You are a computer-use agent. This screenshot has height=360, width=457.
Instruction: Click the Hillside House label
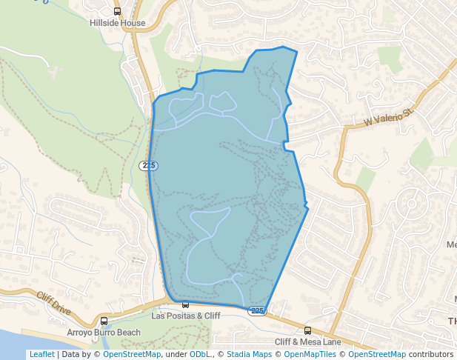point(117,23)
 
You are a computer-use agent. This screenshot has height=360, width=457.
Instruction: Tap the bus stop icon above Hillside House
point(117,11)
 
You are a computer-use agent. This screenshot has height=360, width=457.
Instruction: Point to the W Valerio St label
point(388,118)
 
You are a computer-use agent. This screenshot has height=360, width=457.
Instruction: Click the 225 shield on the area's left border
point(149,165)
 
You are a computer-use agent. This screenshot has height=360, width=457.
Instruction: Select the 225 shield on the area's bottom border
point(256,311)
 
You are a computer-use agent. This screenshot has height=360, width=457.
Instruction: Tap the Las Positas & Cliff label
point(186,316)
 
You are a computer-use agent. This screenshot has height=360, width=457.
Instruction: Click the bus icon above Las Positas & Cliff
point(185,304)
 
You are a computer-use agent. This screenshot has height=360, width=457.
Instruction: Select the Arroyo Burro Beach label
point(104,333)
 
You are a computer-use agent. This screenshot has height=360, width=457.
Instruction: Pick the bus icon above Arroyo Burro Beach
point(104,321)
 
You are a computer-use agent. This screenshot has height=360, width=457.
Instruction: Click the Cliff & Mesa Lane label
point(308,341)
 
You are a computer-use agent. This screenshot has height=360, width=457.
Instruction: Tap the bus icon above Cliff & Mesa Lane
point(308,330)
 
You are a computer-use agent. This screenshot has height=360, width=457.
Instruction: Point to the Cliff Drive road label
point(53,303)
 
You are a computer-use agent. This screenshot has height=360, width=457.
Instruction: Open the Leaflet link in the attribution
point(41,354)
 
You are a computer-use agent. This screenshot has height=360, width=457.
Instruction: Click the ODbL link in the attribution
point(199,354)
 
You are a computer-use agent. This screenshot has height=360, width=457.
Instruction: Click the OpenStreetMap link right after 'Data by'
point(132,354)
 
